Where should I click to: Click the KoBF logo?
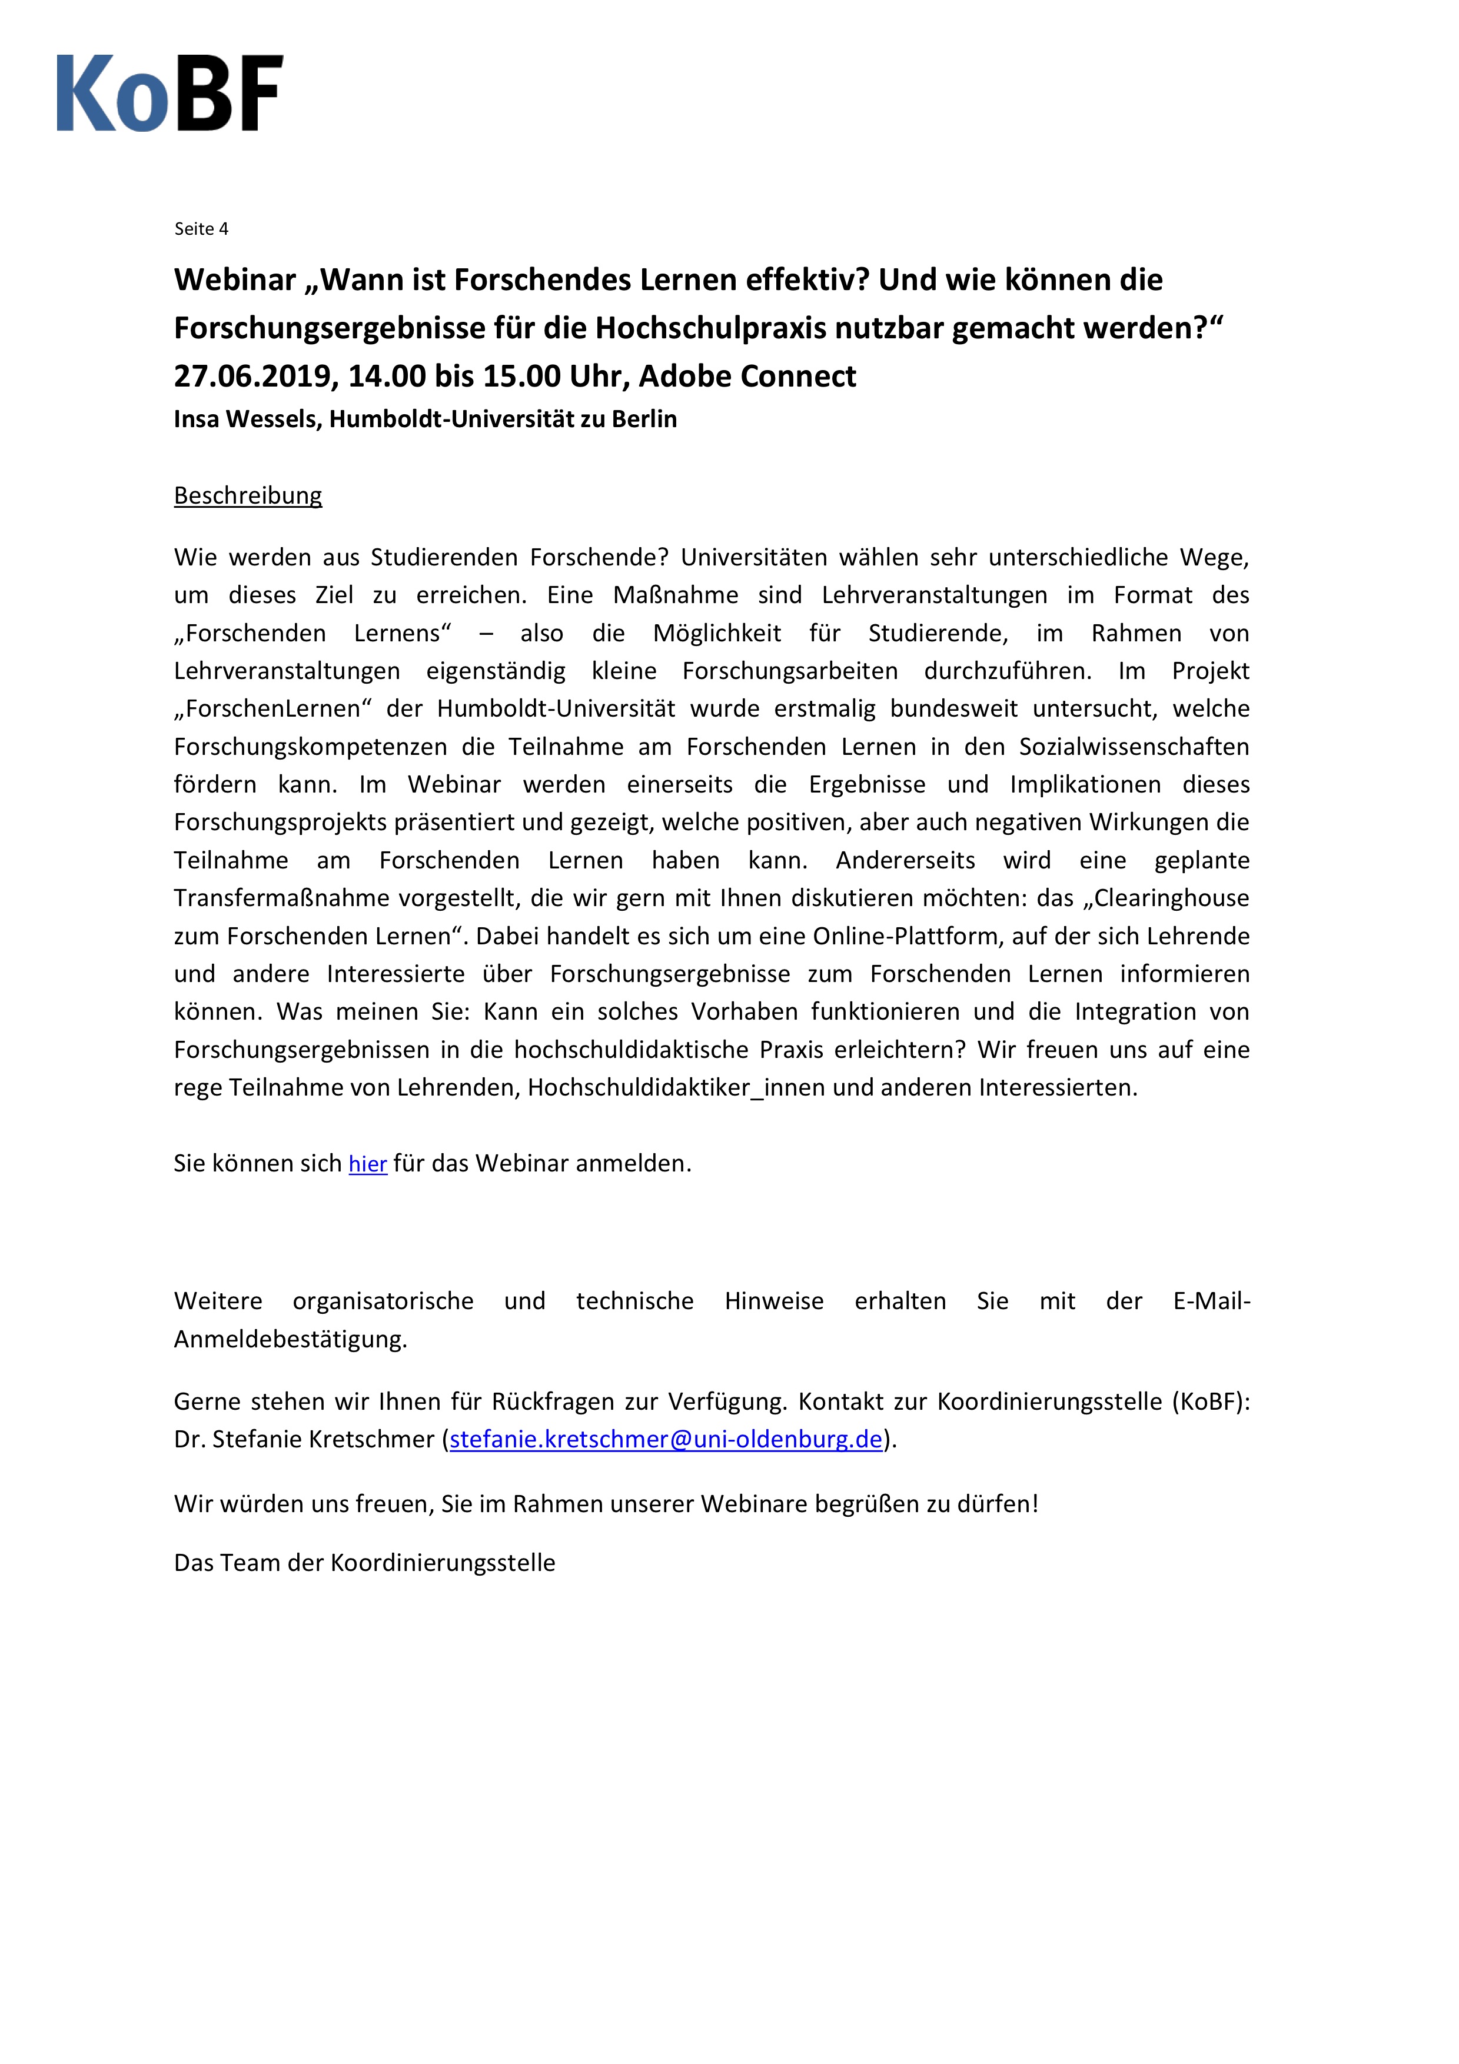tap(170, 94)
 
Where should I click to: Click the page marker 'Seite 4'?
tap(201, 229)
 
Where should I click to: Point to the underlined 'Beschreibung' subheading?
tap(248, 495)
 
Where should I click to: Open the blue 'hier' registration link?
tap(368, 1164)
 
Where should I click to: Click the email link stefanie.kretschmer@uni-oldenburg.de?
tap(665, 1439)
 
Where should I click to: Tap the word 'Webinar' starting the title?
tap(235, 281)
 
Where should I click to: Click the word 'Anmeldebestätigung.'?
tap(290, 1340)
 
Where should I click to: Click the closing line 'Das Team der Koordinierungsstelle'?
tap(364, 1563)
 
